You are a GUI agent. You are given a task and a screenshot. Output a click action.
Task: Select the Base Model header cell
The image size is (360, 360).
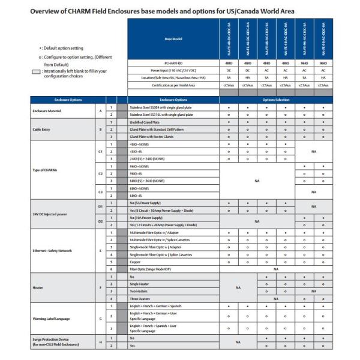point(173,39)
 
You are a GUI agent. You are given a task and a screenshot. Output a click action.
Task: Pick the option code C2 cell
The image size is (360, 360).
point(100,173)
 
